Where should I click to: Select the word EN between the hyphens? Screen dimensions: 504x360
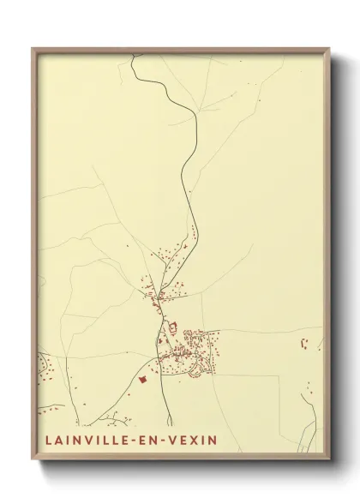pos(145,440)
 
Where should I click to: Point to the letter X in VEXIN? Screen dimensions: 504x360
pos(194,440)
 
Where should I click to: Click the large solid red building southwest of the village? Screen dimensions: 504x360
pos(143,378)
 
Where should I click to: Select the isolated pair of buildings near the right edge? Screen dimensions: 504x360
pos(304,345)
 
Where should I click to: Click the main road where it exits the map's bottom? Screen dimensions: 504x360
pos(170,423)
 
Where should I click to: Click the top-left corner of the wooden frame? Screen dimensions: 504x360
pos(33,49)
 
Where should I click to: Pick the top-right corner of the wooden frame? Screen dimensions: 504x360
pos(329,49)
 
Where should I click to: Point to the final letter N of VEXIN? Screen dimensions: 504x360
pos(213,440)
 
